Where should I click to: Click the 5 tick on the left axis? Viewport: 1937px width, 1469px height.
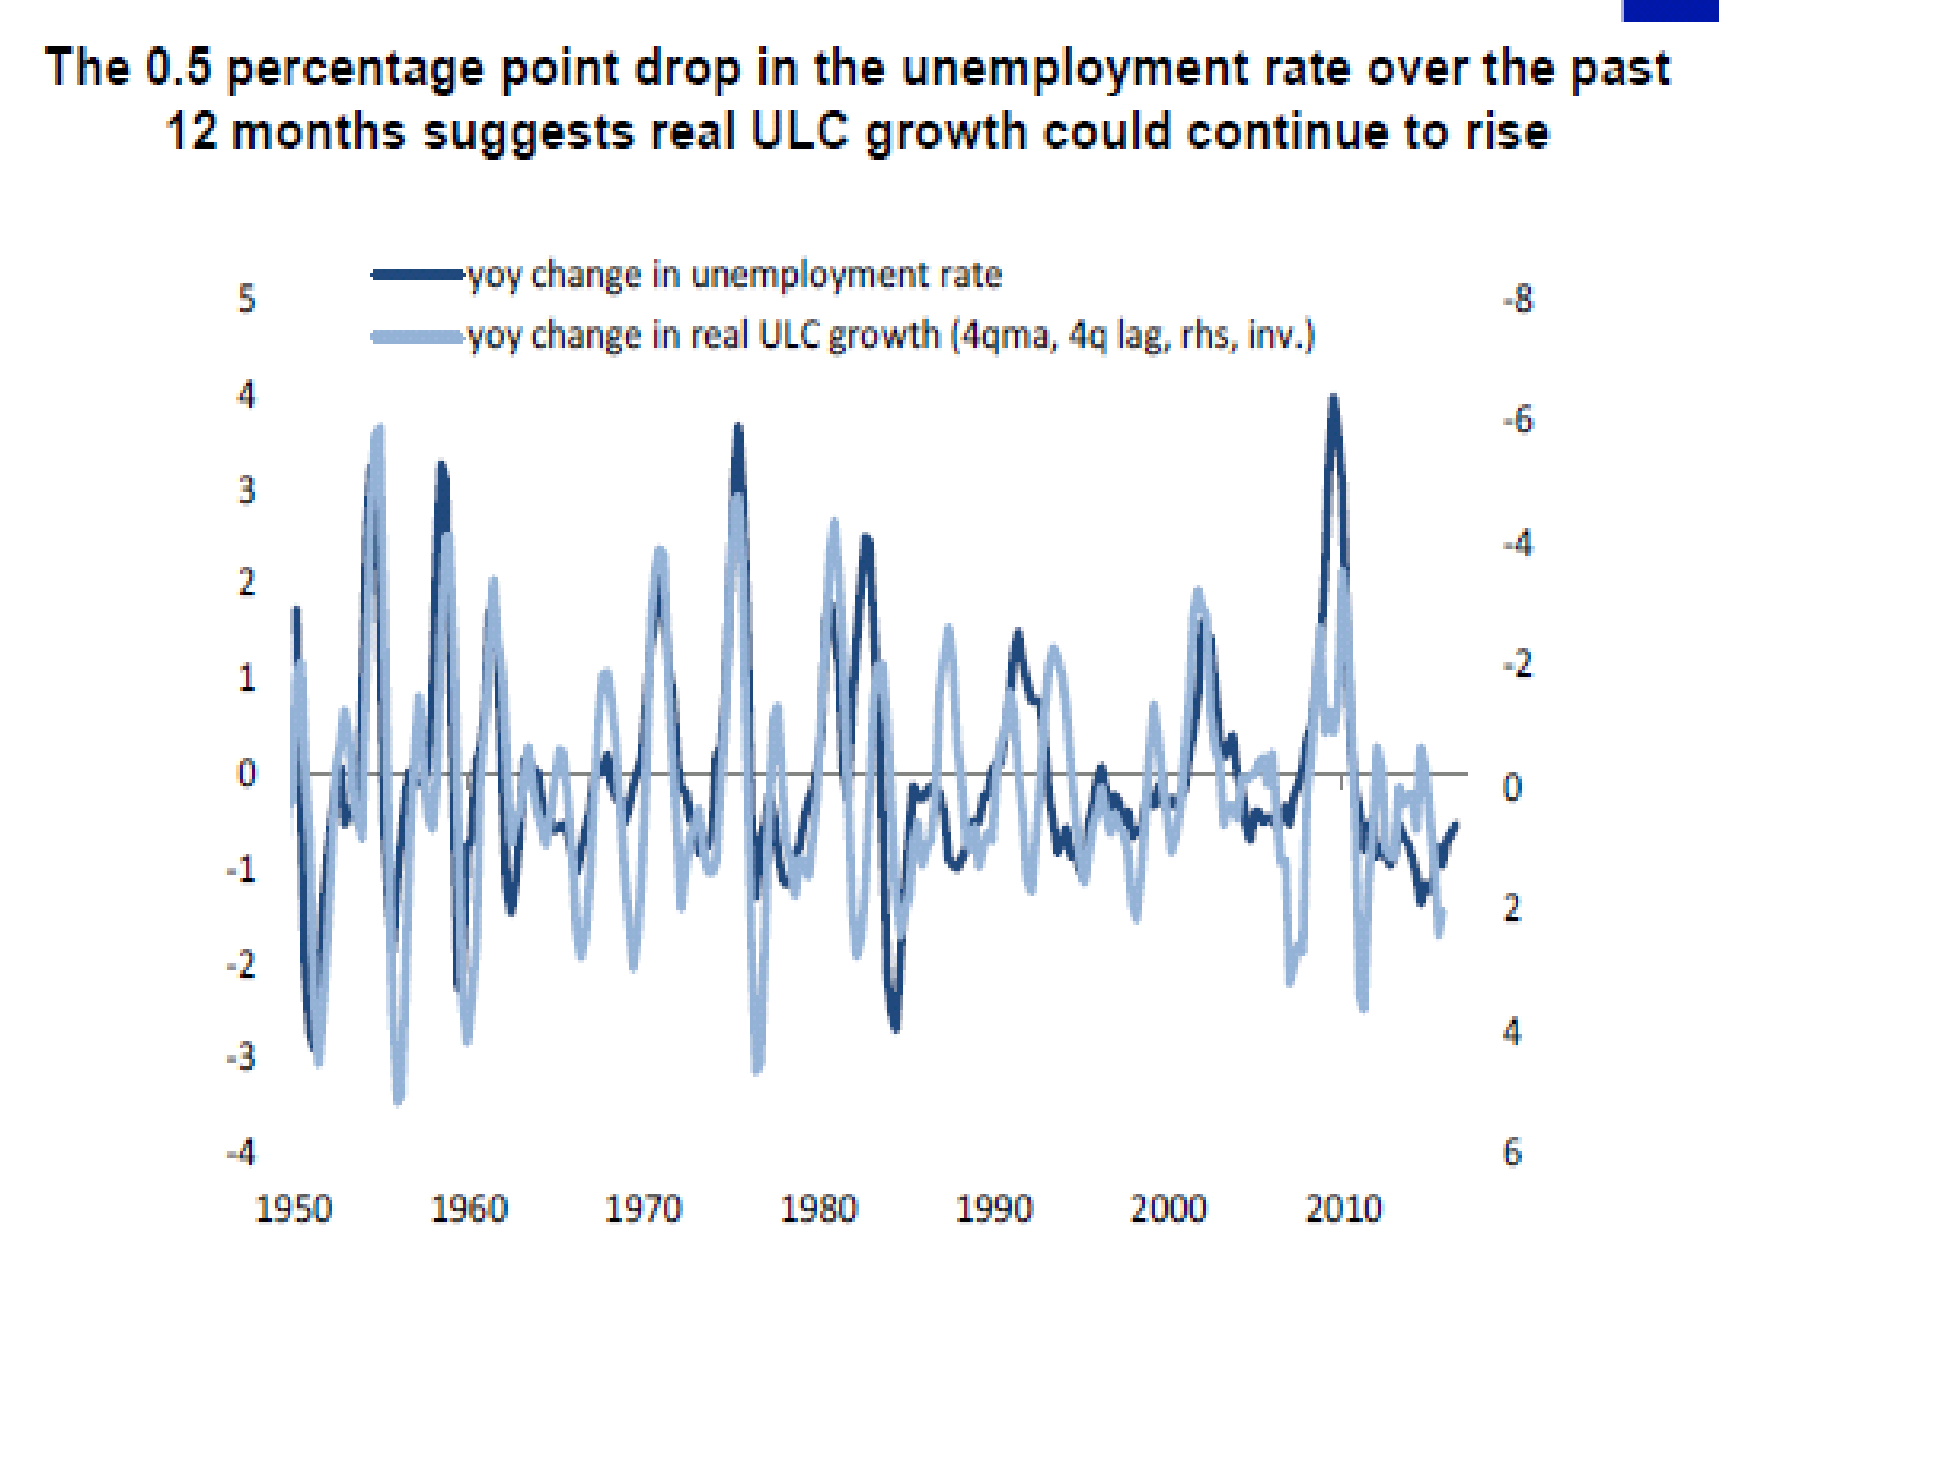click(247, 300)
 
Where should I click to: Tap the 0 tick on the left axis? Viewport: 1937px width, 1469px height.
click(247, 774)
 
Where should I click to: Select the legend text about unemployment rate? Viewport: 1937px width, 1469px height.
click(734, 275)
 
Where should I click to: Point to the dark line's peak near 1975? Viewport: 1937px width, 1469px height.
click(738, 427)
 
